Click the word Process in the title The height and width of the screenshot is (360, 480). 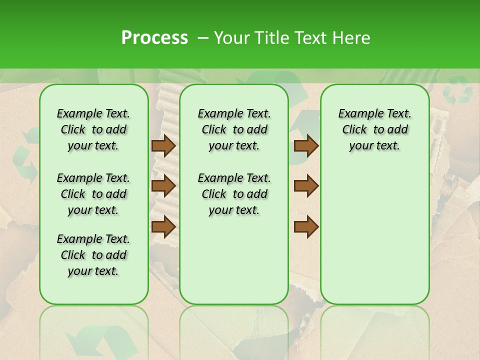pyautogui.click(x=154, y=37)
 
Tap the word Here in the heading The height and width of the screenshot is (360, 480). pyautogui.click(x=352, y=38)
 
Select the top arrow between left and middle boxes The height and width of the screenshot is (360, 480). pyautogui.click(x=163, y=146)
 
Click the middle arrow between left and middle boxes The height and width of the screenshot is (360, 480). pyautogui.click(x=163, y=186)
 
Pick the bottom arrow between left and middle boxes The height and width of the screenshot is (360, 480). pyautogui.click(x=163, y=226)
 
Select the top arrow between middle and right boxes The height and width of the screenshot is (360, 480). pyautogui.click(x=306, y=146)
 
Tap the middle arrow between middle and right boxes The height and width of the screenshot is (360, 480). pyautogui.click(x=306, y=186)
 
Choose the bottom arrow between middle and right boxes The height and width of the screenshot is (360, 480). pyautogui.click(x=306, y=226)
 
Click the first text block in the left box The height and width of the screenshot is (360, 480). pyautogui.click(x=93, y=129)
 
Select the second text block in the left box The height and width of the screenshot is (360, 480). pyautogui.click(x=93, y=194)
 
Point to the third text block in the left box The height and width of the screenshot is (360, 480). pyautogui.click(x=93, y=255)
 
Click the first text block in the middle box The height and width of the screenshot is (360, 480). pyautogui.click(x=234, y=129)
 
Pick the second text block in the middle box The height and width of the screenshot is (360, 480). pyautogui.click(x=234, y=194)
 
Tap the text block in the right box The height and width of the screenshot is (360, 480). pyautogui.click(x=375, y=129)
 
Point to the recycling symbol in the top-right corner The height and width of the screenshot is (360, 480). pyautogui.click(x=458, y=90)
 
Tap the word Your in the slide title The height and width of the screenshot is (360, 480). pyautogui.click(x=230, y=38)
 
